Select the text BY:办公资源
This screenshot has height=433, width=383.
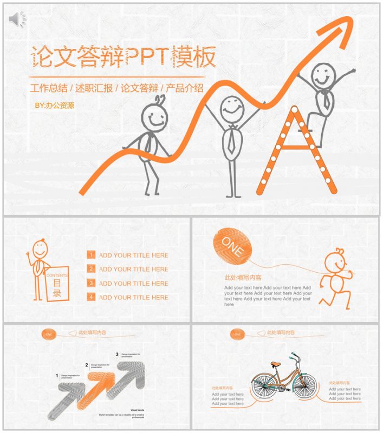pyautogui.click(x=54, y=106)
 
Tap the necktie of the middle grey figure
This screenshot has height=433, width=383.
pyautogui.click(x=231, y=138)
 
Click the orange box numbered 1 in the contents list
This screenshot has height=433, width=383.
pyautogui.click(x=92, y=255)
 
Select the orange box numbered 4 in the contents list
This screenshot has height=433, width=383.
pyautogui.click(x=92, y=297)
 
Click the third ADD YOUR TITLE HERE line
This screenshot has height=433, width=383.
pyautogui.click(x=133, y=283)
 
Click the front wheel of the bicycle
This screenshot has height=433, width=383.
pyautogui.click(x=304, y=385)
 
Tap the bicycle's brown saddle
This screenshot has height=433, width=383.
pyautogui.click(x=276, y=363)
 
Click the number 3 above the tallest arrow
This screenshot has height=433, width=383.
pyautogui.click(x=117, y=355)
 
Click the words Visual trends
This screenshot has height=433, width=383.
pyautogui.click(x=137, y=410)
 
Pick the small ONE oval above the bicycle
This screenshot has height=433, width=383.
pyautogui.click(x=237, y=334)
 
